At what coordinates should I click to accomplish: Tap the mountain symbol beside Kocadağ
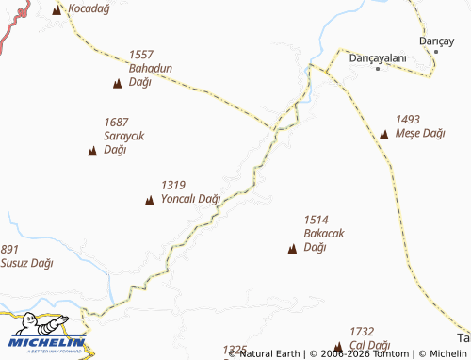57,9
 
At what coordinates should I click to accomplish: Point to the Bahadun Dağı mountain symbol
117,84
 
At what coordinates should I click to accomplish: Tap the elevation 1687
117,123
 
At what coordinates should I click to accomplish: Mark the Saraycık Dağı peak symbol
92,151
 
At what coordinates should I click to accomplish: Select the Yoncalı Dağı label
190,199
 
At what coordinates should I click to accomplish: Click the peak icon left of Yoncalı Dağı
149,199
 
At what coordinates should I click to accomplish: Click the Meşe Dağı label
420,134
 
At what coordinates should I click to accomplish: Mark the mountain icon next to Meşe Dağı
383,134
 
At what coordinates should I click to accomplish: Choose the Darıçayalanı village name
377,57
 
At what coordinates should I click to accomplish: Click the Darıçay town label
436,41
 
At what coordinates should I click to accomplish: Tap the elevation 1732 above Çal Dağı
362,332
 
